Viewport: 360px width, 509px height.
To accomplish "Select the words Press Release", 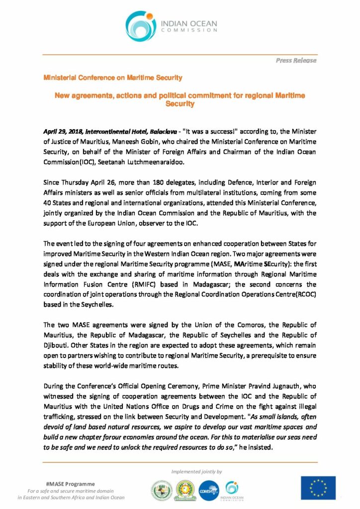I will click(x=296, y=60).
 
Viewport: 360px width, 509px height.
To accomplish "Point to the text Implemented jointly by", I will click(x=196, y=471).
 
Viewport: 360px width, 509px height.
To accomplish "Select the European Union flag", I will click(x=318, y=488).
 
